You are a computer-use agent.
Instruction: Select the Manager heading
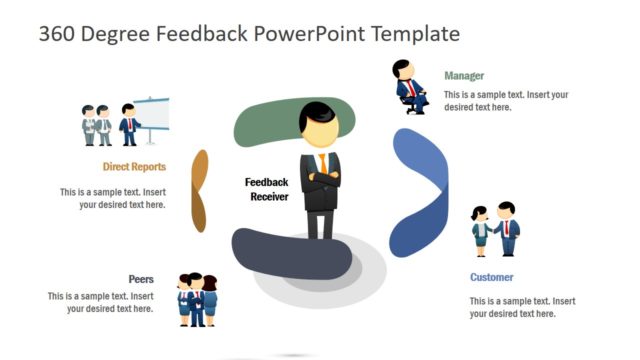tap(464, 75)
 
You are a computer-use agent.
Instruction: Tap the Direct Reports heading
tap(134, 167)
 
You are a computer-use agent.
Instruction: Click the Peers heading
tap(141, 279)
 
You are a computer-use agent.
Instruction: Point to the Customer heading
tap(492, 277)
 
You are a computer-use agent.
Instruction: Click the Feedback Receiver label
tap(268, 189)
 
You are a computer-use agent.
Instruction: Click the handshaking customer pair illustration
tap(496, 230)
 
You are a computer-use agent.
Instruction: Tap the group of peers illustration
tap(197, 298)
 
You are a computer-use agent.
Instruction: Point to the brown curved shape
tap(199, 190)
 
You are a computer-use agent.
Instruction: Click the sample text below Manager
tap(506, 101)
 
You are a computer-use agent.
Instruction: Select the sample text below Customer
tap(523, 307)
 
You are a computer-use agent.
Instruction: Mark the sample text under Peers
tap(101, 303)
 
